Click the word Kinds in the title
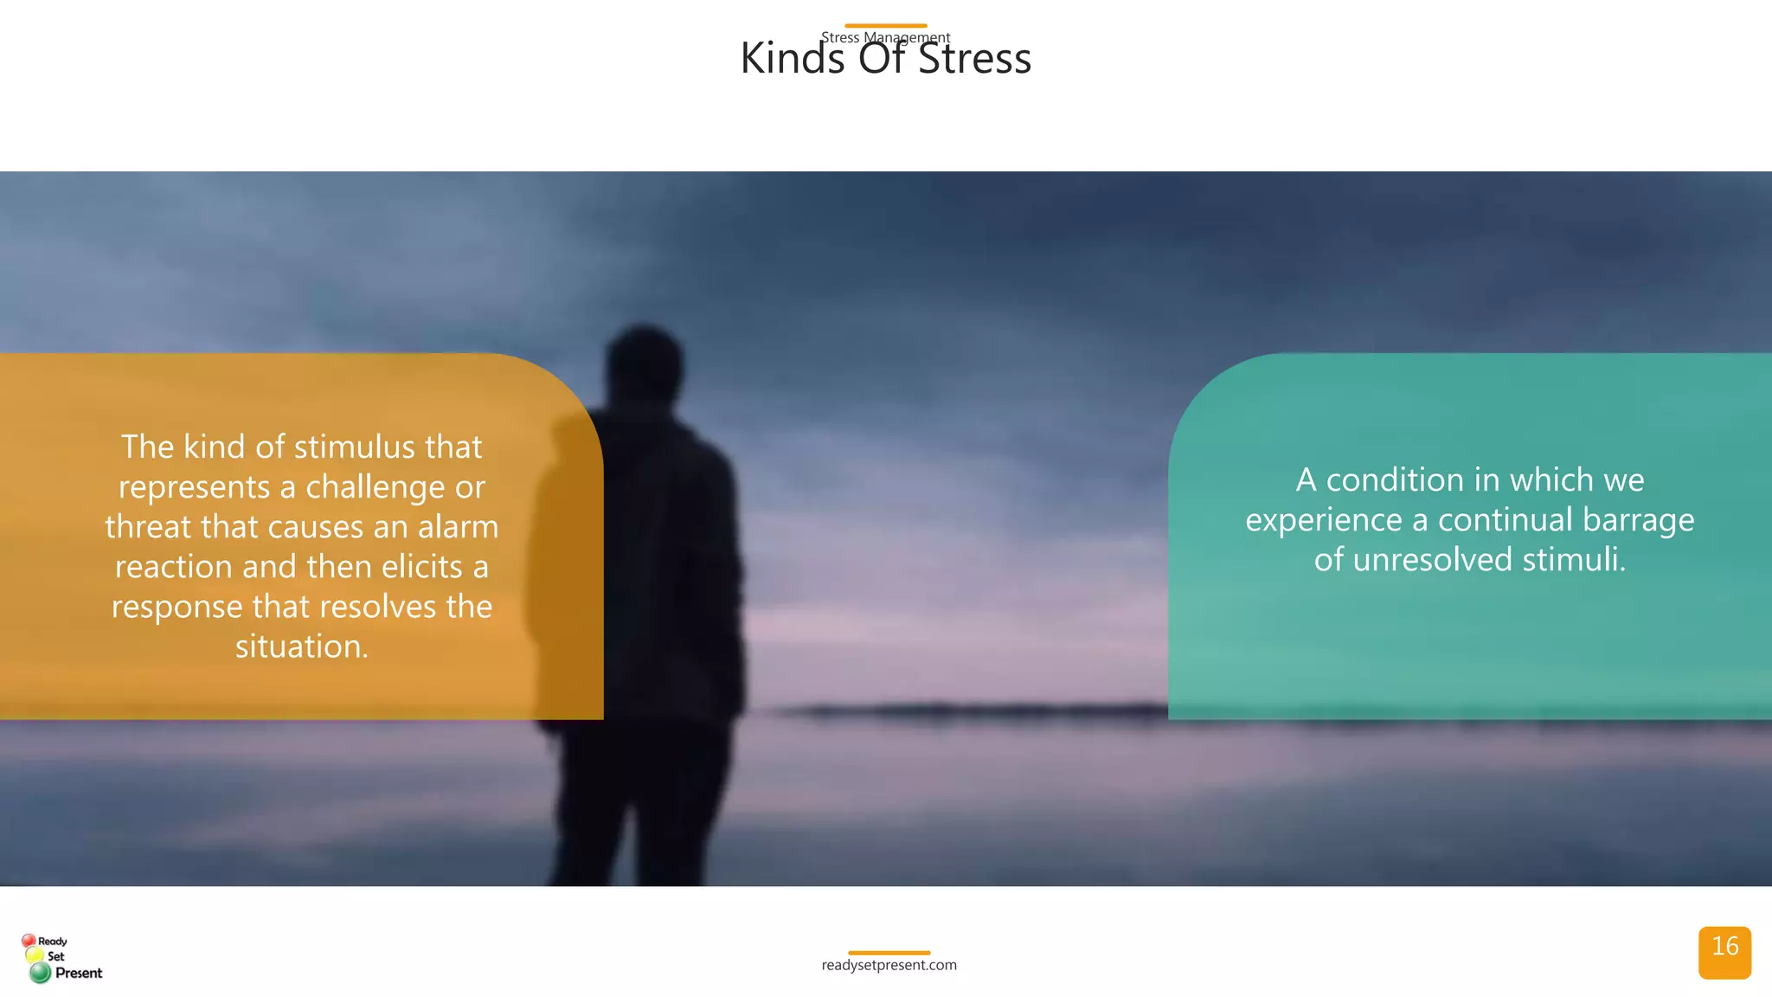coord(792,59)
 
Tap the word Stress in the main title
coord(974,59)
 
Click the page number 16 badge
coord(1724,951)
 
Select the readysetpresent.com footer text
coord(889,965)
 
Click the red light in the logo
coord(29,940)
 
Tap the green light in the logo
coord(40,973)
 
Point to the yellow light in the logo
coord(35,955)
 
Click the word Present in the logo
coord(79,973)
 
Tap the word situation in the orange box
coord(301,647)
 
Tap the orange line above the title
coord(885,26)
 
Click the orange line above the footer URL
coord(889,952)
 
